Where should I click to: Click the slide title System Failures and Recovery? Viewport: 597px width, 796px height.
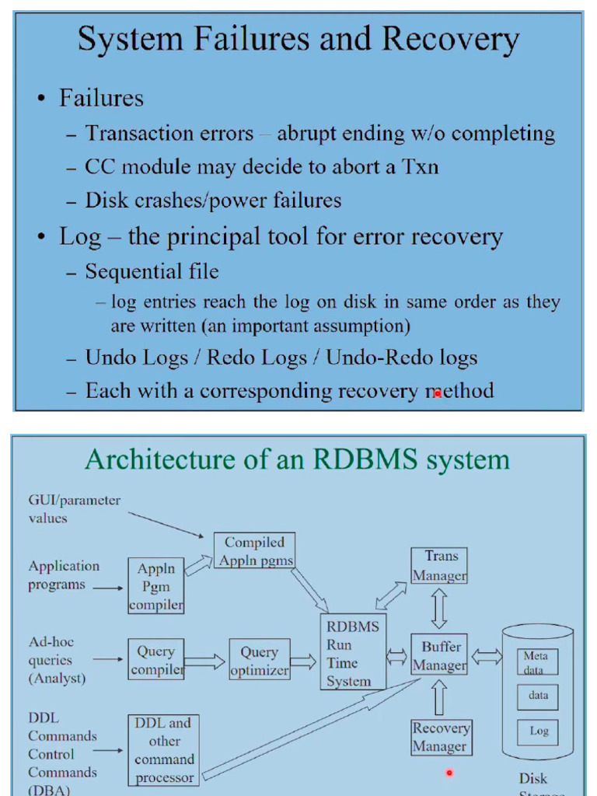[x=298, y=39]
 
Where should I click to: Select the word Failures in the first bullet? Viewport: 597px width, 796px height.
[x=101, y=99]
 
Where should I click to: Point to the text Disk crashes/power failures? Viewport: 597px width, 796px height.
[x=213, y=201]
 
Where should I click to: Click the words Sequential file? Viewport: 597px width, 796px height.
[x=152, y=271]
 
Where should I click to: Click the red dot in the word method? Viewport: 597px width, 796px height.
[x=438, y=393]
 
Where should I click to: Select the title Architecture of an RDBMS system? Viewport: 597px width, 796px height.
[x=297, y=459]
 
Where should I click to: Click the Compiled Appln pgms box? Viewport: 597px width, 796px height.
[x=254, y=551]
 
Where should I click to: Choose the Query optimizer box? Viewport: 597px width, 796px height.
[x=260, y=661]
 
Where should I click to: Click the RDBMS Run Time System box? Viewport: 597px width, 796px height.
[x=353, y=654]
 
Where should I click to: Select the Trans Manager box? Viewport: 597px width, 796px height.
[x=439, y=566]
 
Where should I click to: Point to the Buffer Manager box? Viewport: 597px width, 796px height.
[x=439, y=656]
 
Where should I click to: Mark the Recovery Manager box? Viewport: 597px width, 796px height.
[x=440, y=737]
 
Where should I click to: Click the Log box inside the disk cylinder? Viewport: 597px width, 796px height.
[x=538, y=731]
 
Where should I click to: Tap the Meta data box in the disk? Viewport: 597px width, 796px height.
[x=538, y=662]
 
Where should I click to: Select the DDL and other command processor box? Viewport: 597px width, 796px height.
[x=163, y=750]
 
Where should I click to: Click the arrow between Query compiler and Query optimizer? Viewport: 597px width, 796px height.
[x=206, y=662]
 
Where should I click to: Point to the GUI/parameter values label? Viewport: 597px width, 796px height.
[x=74, y=509]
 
